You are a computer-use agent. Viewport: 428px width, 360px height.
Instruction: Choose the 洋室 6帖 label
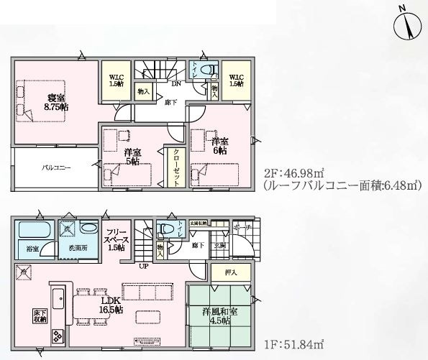click(x=219, y=146)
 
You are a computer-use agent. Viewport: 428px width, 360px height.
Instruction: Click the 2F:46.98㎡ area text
click(x=293, y=174)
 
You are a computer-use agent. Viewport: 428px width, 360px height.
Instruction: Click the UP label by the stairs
click(x=144, y=267)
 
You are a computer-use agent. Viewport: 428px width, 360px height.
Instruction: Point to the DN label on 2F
click(x=176, y=83)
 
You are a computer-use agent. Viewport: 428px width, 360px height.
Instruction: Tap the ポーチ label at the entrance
click(x=242, y=228)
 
